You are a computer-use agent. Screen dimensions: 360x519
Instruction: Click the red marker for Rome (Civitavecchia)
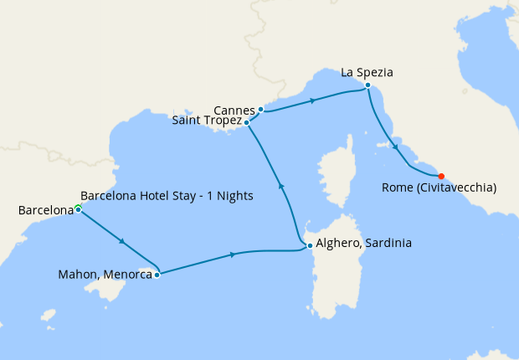pos(441,176)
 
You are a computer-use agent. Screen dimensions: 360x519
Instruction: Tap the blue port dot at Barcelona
pos(78,209)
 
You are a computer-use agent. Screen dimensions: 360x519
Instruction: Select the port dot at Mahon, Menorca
pos(157,274)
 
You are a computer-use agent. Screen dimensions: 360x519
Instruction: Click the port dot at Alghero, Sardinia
pos(310,245)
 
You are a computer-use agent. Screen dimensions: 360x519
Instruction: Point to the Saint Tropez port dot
pos(246,122)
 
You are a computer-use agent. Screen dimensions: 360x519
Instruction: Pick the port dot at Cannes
pos(261,109)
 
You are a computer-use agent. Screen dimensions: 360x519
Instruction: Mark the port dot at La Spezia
pos(367,85)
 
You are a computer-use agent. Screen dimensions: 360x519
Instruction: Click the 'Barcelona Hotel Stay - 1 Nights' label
pos(167,196)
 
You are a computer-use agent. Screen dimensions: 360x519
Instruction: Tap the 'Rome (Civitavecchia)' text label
pos(439,188)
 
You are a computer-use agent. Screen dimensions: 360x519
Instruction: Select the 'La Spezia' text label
pos(367,73)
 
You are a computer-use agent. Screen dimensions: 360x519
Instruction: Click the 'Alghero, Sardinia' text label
pos(364,245)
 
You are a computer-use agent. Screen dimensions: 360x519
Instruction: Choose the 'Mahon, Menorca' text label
pos(105,274)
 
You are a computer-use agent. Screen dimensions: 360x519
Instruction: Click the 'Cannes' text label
pos(234,110)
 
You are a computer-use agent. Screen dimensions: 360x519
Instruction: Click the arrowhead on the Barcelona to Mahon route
pos(123,242)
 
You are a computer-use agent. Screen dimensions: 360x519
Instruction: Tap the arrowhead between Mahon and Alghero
pos(230,255)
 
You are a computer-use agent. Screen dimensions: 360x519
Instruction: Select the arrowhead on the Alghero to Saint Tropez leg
pos(281,187)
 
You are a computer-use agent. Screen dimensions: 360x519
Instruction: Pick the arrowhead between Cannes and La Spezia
pos(312,100)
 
